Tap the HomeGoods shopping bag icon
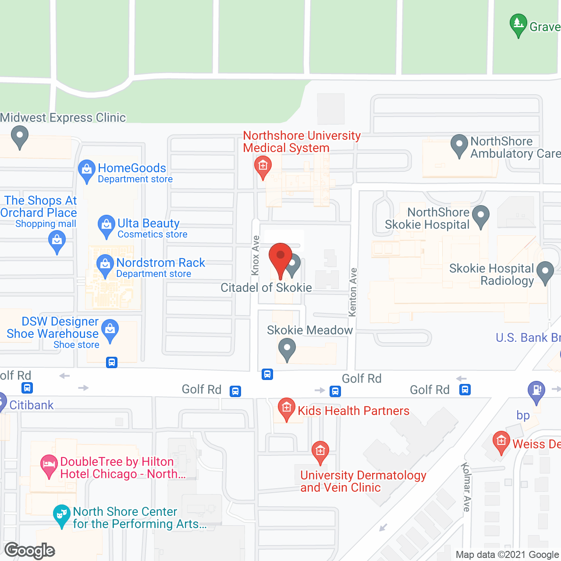pos(86,170)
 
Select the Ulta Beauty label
pos(148,224)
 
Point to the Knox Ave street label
pos(256,256)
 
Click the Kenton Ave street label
pos(353,292)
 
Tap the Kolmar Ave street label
pos(466,487)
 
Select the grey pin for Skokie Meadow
pos(287,350)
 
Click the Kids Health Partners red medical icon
pos(286,408)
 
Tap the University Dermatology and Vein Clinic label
pos(363,481)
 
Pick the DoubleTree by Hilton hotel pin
pos(49,465)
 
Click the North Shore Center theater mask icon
pos(61,515)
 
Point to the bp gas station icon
pos(536,391)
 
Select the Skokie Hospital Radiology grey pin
pos(545,272)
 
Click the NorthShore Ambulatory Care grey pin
pos(459,144)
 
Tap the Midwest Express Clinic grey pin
pos(19,135)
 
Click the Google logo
pos(30,550)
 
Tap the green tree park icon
pos(518,24)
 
